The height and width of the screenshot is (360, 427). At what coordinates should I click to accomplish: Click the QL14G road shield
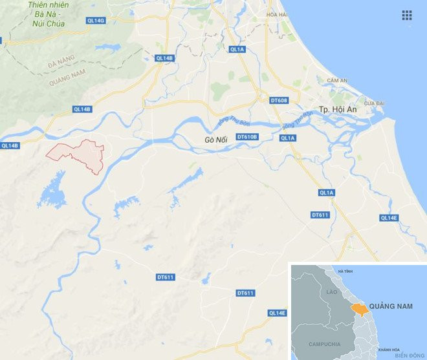click(x=95, y=21)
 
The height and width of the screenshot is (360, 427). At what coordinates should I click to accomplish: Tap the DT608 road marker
click(x=279, y=100)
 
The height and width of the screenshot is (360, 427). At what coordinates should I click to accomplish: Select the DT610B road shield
click(x=247, y=136)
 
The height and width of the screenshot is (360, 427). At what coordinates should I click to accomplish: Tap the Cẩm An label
click(x=337, y=80)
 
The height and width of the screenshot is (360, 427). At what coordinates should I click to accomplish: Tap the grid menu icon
click(x=407, y=15)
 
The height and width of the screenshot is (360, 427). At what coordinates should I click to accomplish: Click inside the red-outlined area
click(x=81, y=153)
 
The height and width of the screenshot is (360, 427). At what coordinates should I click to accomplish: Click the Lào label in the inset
click(x=332, y=293)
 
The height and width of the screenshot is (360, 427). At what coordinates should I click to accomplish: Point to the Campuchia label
click(x=324, y=344)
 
